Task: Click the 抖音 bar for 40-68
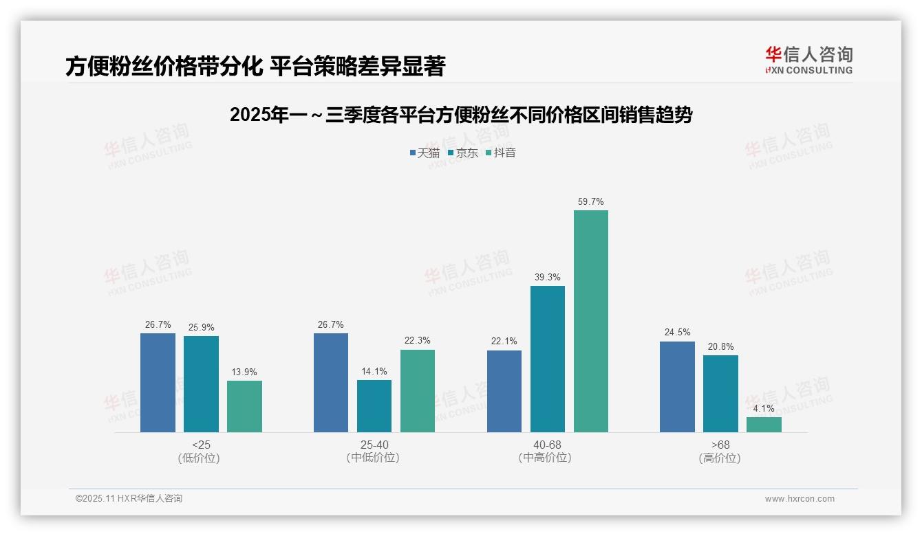coord(591,321)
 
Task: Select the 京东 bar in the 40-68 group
coord(548,359)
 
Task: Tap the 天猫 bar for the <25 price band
coord(158,383)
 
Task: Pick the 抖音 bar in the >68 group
coord(764,425)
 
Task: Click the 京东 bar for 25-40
coord(374,406)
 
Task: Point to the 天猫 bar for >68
coord(677,387)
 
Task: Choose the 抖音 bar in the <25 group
coord(244,406)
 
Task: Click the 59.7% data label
coord(591,202)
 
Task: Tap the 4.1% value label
coord(764,409)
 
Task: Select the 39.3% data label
coord(548,278)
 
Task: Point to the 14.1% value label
coord(374,372)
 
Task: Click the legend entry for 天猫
coord(425,153)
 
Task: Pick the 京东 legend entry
coord(462,153)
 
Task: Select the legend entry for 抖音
coord(501,153)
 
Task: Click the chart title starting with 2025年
coord(460,115)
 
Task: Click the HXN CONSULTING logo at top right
coord(808,60)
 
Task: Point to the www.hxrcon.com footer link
coord(799,499)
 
